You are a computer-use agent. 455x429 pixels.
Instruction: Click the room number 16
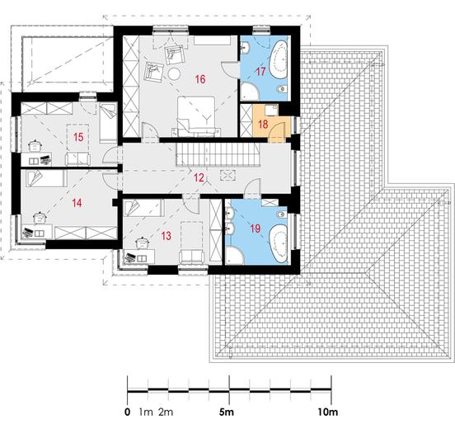(x=200, y=79)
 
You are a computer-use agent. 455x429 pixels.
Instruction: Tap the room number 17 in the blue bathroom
(x=260, y=71)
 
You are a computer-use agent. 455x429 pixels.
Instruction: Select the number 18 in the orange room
(x=263, y=125)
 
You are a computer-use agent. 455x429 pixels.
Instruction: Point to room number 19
(x=256, y=229)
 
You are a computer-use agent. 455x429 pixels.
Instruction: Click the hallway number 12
(x=199, y=177)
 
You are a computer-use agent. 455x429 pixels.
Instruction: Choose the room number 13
(x=167, y=236)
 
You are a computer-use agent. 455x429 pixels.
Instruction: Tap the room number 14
(x=77, y=203)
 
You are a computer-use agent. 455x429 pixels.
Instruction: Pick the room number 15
(x=78, y=137)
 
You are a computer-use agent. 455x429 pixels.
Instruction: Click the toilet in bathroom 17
(x=282, y=89)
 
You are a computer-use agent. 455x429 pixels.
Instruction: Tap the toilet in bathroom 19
(x=282, y=214)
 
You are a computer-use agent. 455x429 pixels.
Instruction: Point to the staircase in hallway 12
(x=218, y=155)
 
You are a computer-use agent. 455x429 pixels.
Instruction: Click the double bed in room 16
(x=197, y=116)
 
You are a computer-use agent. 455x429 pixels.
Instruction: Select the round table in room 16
(x=175, y=73)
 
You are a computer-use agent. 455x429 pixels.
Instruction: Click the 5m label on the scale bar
(x=227, y=412)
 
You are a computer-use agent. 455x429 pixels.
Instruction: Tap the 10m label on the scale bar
(x=328, y=412)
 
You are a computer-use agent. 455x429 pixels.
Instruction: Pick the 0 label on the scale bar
(x=128, y=412)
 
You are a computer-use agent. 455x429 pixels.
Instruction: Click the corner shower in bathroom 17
(x=250, y=92)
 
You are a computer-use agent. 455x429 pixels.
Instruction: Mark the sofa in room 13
(x=192, y=257)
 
